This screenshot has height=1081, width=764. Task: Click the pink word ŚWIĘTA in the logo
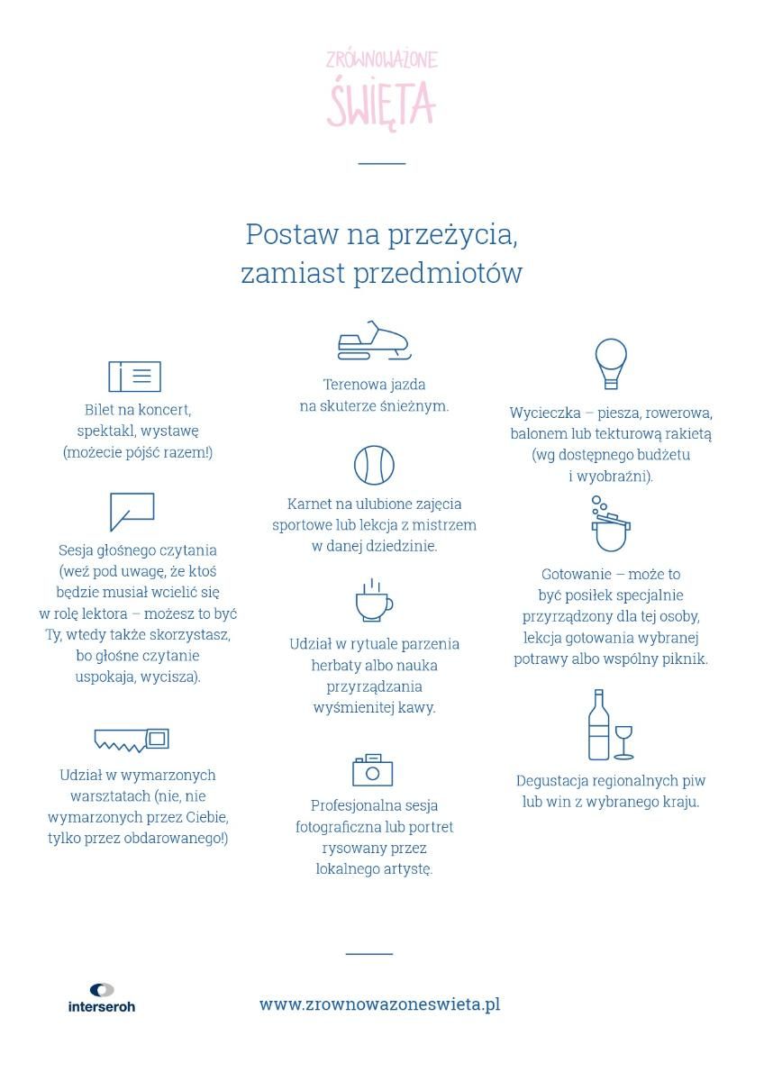tap(381, 103)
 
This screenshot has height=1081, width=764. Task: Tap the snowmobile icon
tap(373, 341)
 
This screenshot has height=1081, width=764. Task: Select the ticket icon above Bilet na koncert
tap(134, 377)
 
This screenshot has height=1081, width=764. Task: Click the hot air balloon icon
tap(611, 363)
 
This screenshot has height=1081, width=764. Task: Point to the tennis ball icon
tap(374, 466)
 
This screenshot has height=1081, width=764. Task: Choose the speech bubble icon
tap(132, 510)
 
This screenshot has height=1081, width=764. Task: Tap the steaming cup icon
tap(373, 601)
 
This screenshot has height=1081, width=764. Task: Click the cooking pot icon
tap(611, 525)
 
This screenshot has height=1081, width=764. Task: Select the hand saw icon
tap(132, 740)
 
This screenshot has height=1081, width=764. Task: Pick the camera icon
tap(372, 770)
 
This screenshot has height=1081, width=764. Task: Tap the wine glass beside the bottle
tap(623, 741)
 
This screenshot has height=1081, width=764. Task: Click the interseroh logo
tap(102, 998)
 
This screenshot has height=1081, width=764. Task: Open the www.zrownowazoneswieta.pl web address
tap(379, 1004)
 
